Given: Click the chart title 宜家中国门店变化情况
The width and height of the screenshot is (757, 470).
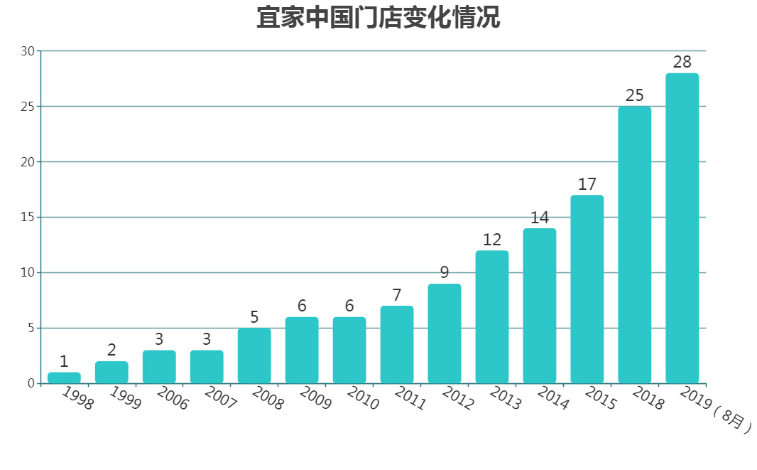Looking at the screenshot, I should [378, 18].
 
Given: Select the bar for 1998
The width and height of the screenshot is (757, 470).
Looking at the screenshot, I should [64, 378].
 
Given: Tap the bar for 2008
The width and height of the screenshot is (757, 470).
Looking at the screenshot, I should [254, 356].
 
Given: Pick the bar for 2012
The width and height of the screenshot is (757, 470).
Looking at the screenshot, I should [445, 333].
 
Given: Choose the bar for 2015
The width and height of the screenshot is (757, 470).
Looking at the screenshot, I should [587, 289].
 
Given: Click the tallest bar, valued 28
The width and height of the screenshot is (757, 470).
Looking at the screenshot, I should [682, 228].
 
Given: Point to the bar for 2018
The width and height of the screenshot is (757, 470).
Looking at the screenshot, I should [635, 245].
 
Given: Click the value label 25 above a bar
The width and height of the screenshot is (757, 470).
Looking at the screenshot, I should [635, 95].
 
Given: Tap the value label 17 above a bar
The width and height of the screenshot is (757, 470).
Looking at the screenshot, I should [587, 184].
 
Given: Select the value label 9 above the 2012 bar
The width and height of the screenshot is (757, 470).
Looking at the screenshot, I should [445, 272].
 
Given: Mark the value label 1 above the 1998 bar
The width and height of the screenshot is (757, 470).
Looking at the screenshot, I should [64, 361].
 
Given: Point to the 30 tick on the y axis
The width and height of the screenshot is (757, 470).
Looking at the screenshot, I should [28, 51].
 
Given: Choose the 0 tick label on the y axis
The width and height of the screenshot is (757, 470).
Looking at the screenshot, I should [31, 384].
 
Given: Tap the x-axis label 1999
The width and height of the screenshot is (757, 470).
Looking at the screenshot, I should [125, 399].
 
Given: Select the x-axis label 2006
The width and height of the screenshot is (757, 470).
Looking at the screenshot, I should [173, 399].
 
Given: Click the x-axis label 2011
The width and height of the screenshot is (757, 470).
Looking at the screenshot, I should [410, 399].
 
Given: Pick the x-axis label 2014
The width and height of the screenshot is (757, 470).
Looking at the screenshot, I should [552, 399].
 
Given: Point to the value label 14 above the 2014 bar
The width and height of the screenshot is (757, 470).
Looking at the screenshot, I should [540, 218].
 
